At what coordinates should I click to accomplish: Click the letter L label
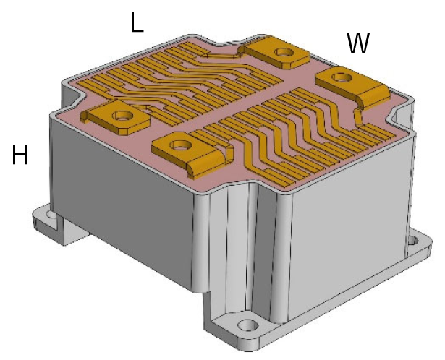pyautogui.click(x=137, y=22)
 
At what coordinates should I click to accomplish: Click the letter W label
pyautogui.click(x=358, y=43)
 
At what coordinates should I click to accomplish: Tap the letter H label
pyautogui.click(x=20, y=154)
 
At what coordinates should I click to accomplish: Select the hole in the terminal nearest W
pyautogui.click(x=342, y=77)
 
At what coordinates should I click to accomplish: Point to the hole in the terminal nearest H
pyautogui.click(x=123, y=116)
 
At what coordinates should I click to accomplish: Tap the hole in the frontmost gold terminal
pyautogui.click(x=180, y=145)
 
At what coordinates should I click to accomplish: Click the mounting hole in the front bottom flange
pyautogui.click(x=248, y=325)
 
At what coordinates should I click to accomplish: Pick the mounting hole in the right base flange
pyautogui.click(x=413, y=241)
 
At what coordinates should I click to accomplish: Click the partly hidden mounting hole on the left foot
pyautogui.click(x=52, y=214)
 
